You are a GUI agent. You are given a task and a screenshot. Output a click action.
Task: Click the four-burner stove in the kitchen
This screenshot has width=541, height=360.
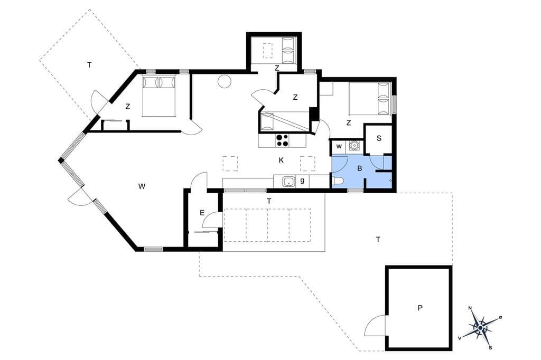click(x=282, y=140)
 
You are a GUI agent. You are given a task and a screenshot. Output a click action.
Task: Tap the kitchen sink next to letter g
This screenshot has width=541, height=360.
click(x=288, y=182)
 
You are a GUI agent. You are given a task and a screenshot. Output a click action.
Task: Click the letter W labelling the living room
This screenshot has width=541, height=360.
click(x=142, y=186)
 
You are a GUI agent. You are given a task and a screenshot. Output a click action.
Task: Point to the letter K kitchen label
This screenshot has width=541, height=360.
click(x=281, y=160)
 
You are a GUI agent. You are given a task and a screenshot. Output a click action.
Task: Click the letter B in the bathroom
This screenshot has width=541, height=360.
click(x=359, y=168)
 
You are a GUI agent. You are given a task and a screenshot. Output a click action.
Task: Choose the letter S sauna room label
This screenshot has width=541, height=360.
click(x=379, y=139)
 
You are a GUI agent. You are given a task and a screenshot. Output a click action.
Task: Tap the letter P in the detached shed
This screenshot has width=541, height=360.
click(x=420, y=308)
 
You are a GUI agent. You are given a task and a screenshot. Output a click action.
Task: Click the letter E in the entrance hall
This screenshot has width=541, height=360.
click(x=202, y=213)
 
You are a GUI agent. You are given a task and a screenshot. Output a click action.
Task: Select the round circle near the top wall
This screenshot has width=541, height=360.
click(x=224, y=81)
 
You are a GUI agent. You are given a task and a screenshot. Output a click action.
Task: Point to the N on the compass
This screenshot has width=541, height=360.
click(x=470, y=308)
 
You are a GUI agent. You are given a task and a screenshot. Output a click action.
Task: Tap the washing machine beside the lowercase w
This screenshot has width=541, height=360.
click(x=354, y=146)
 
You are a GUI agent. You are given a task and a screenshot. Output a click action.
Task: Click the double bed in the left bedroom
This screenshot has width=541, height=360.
click(x=159, y=96)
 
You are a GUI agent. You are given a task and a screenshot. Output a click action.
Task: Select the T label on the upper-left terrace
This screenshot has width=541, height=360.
click(x=89, y=65)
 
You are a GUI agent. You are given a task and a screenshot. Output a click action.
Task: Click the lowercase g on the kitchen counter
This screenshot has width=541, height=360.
click(x=302, y=181)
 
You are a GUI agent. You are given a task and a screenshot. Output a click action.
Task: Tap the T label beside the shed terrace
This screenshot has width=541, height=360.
click(x=378, y=239)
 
